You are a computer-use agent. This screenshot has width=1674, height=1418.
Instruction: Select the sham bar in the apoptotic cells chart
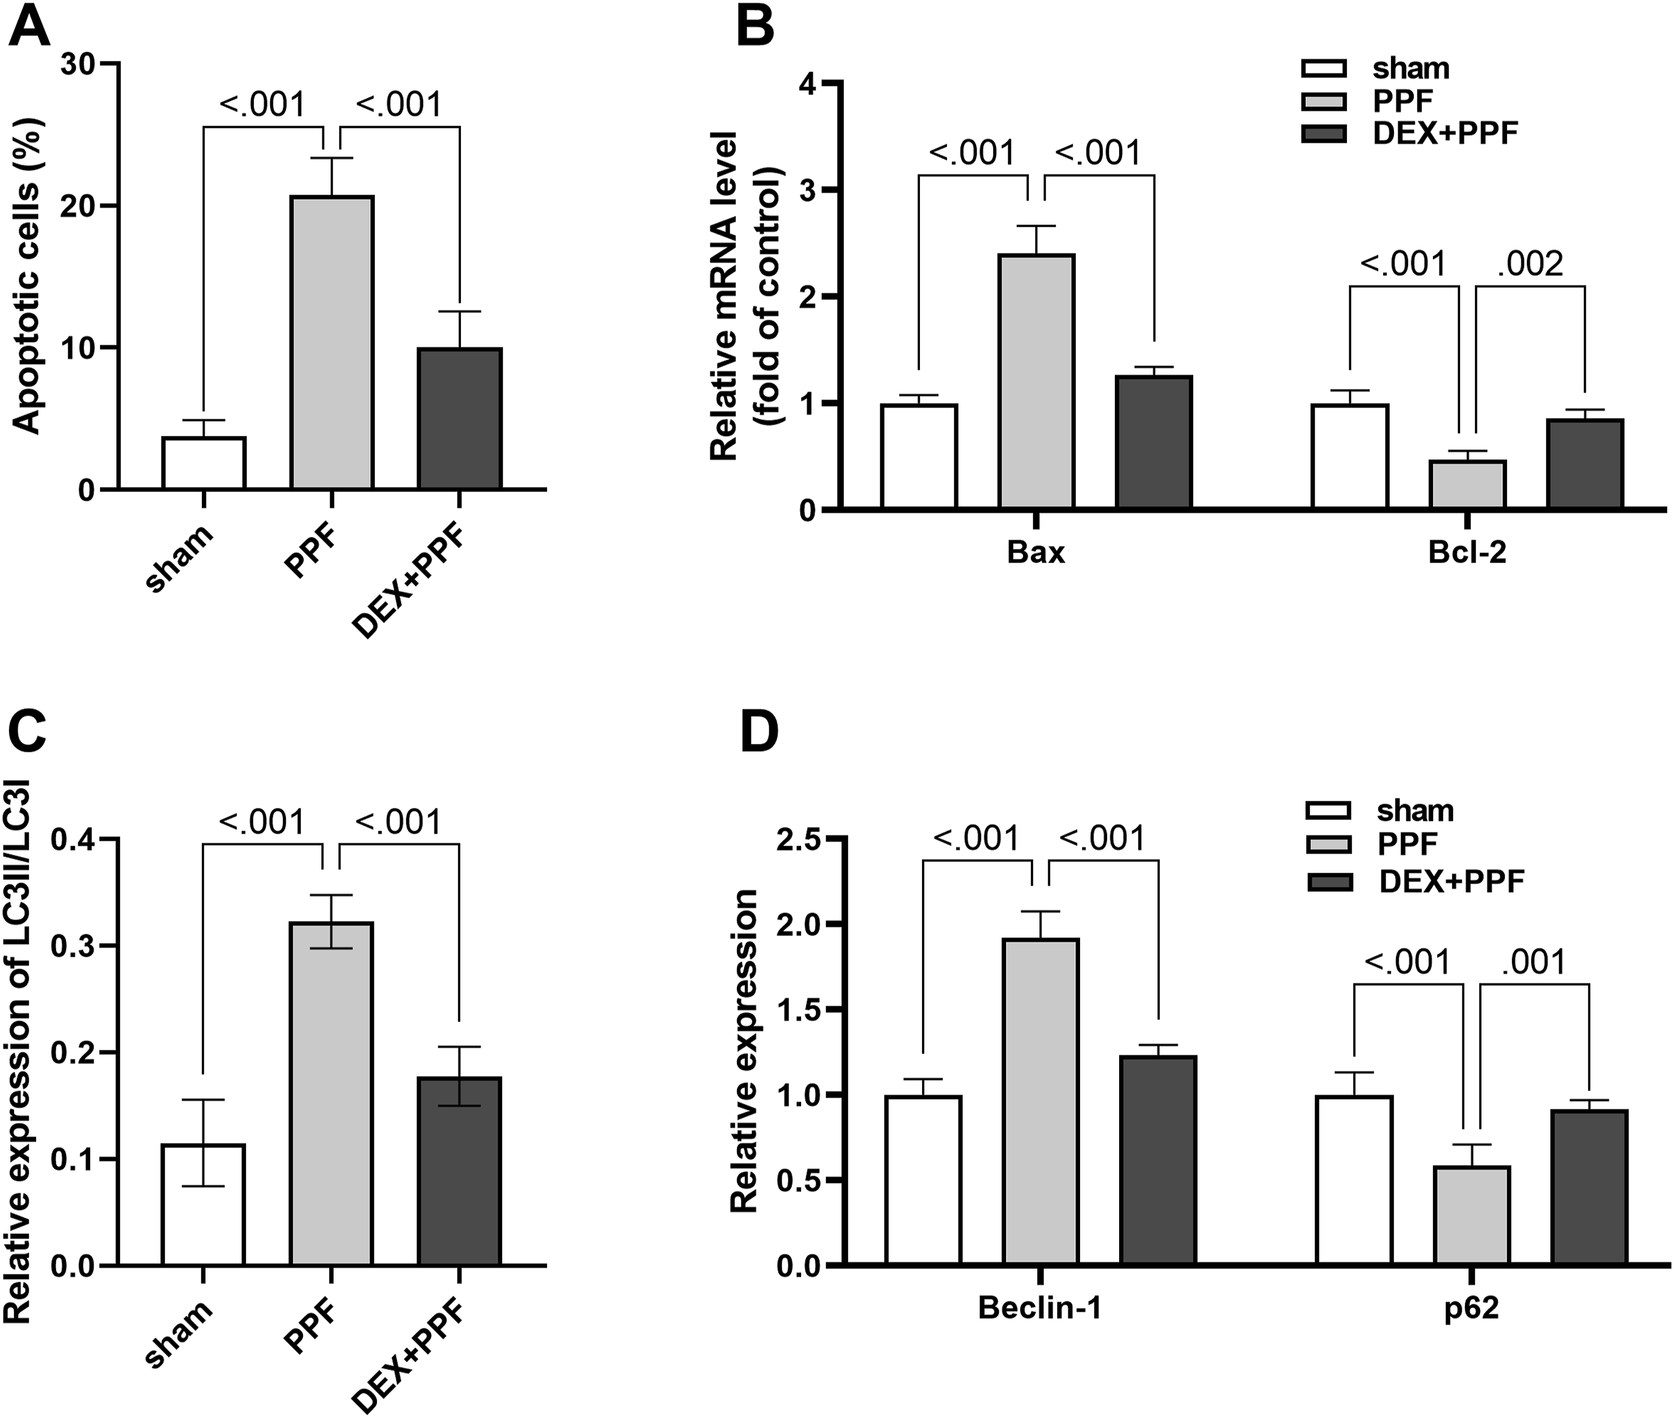point(203,463)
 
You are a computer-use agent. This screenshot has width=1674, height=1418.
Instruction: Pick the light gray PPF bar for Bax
point(1036,381)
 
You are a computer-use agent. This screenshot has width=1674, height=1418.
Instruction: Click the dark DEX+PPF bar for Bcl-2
point(1585,464)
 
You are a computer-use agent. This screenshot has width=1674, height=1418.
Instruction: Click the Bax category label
point(1036,554)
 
